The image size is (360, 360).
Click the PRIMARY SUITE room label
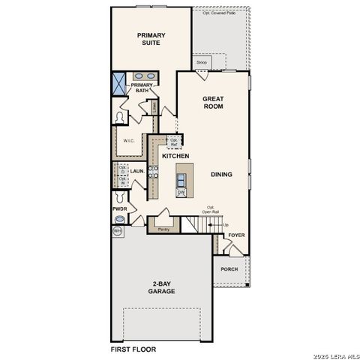(x=151, y=39)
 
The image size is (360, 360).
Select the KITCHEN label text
(x=175, y=156)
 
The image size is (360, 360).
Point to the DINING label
(x=221, y=175)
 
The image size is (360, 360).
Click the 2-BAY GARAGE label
(x=161, y=287)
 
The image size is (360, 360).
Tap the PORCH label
(x=229, y=269)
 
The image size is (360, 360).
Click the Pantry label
(x=163, y=229)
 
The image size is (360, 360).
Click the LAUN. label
(x=137, y=172)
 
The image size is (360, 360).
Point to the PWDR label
(x=119, y=208)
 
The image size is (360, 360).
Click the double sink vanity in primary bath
(x=145, y=76)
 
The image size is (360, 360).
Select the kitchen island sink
(x=181, y=178)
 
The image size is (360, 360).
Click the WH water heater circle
(x=118, y=232)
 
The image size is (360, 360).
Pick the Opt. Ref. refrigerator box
(x=174, y=142)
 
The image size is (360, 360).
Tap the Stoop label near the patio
(x=202, y=62)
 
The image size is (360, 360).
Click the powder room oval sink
(x=119, y=220)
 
